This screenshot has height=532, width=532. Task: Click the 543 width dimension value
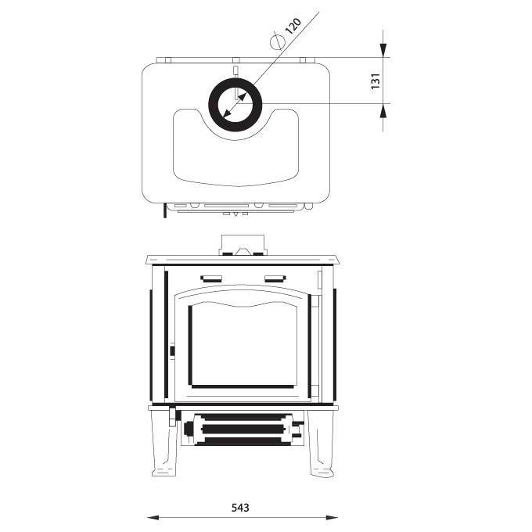[x=240, y=508]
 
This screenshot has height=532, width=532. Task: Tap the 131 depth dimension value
[x=376, y=81]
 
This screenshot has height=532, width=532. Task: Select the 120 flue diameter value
[x=293, y=26]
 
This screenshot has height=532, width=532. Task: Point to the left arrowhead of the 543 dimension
[x=153, y=518]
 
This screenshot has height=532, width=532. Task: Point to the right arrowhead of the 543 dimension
[x=332, y=518]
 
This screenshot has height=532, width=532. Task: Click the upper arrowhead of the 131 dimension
[x=383, y=50]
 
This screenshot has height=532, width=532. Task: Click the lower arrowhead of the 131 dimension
[x=383, y=110]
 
